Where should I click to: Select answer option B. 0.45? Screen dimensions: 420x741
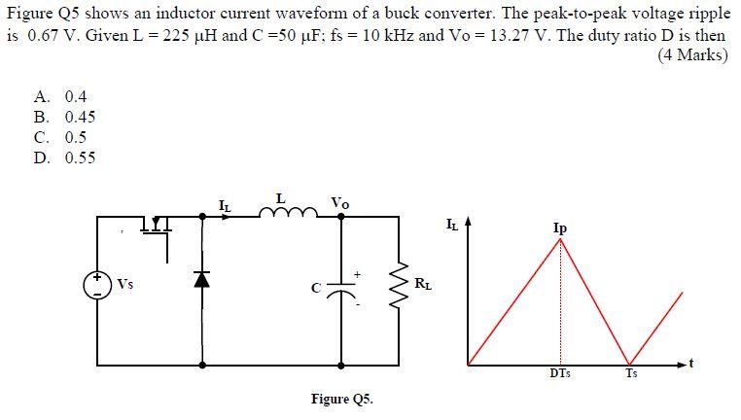[x=64, y=118]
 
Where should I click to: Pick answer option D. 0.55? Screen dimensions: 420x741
[x=64, y=157]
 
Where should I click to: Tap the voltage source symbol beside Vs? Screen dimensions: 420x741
[x=96, y=283]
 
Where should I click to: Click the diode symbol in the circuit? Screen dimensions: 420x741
[x=201, y=279]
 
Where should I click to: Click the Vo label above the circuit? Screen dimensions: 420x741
[x=339, y=202]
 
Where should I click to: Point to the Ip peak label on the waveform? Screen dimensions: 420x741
[x=560, y=228]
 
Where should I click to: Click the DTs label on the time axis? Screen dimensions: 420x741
[x=560, y=374]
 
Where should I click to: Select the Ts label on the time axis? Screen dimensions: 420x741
[x=631, y=374]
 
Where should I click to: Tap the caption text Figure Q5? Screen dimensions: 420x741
[x=341, y=399]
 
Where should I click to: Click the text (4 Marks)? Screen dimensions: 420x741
[x=692, y=55]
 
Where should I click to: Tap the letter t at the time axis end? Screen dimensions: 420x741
[x=689, y=363]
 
